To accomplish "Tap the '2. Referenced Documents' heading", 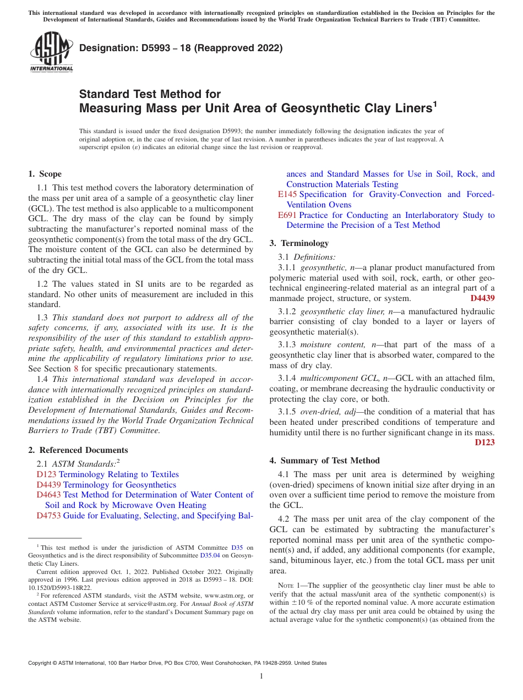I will [78, 450].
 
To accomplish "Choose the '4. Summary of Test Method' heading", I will [324, 461].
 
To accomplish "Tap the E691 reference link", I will [288, 215].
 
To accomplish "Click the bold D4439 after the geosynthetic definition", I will [482, 298].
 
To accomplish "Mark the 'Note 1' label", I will [282, 586].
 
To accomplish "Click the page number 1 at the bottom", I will [261, 676].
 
